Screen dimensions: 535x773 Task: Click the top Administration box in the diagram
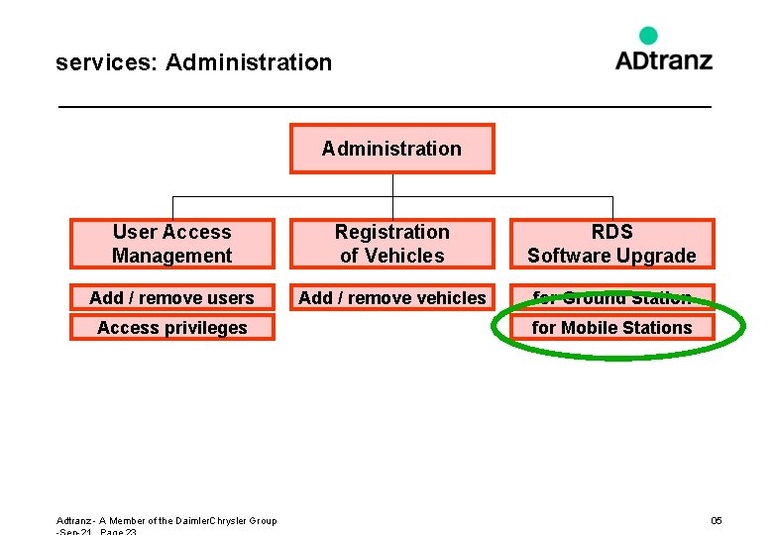(391, 149)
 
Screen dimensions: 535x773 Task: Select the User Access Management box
(171, 244)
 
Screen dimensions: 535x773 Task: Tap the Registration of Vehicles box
(391, 244)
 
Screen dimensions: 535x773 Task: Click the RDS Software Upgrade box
(611, 244)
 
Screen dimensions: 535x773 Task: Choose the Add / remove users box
(171, 297)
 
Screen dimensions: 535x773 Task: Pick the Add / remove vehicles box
(391, 297)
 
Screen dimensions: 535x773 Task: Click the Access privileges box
(171, 327)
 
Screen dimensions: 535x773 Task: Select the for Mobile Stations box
(611, 327)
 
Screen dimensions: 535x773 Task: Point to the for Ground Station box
(611, 296)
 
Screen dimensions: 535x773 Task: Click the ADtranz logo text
(663, 59)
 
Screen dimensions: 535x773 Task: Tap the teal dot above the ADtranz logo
(648, 36)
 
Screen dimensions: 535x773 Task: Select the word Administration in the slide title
(249, 62)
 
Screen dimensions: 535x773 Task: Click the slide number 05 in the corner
(717, 520)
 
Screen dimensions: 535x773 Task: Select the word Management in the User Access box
(171, 256)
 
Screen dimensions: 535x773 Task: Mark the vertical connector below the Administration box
(392, 188)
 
